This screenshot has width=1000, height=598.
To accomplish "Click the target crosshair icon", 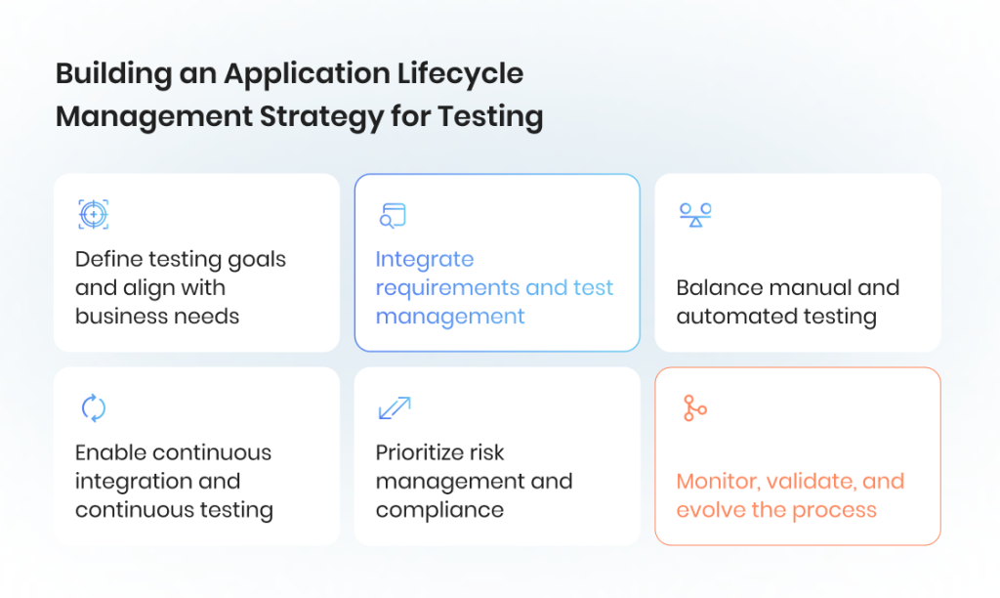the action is pos(93,214).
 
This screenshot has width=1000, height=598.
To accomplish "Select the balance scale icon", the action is pos(695,215).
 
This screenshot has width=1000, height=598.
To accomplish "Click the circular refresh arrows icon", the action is pos(93,407).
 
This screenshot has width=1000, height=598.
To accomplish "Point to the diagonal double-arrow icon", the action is pos(395,407).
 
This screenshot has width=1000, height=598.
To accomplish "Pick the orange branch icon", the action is pos(694,407).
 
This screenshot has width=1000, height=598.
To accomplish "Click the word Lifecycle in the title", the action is pos(460,74).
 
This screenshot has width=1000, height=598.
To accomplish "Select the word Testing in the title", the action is pos(490,117).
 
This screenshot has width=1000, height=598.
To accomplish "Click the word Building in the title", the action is pos(113,74).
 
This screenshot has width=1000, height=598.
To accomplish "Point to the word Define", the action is pos(107,259).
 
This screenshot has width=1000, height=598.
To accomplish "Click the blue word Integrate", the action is pos(425,260).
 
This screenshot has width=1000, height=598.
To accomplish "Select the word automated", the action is pos(725,317).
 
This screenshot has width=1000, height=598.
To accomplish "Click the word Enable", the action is pos(107,452).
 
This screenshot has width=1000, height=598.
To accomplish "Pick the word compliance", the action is pos(439,511).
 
